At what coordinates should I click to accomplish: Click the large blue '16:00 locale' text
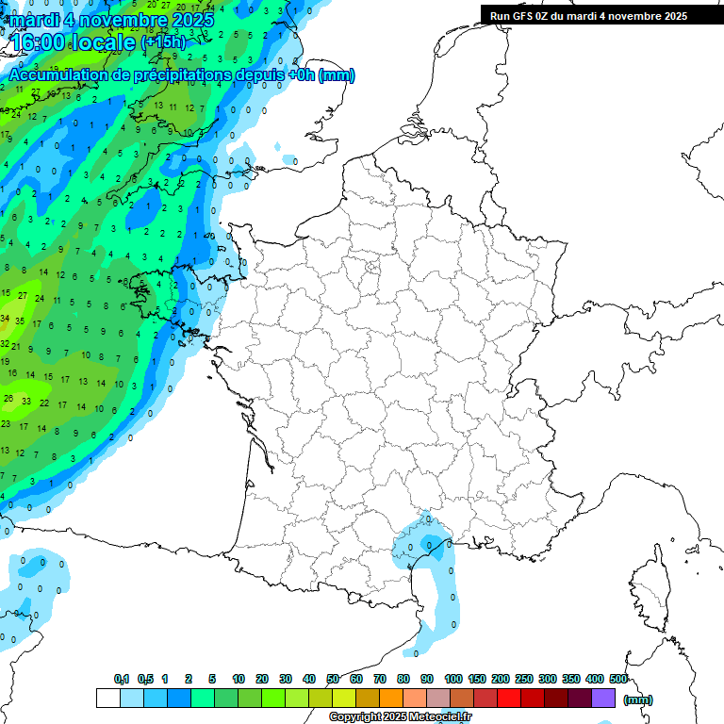coord(74,41)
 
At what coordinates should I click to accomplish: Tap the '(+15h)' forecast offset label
coord(163,42)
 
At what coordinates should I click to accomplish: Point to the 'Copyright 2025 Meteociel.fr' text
coord(400,716)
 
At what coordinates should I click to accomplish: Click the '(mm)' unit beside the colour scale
coord(638,699)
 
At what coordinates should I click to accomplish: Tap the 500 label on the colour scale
coord(618,679)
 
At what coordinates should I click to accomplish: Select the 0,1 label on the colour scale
coord(122,679)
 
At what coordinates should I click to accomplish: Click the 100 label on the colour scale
coord(452,679)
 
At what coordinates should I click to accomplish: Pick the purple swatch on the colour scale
coord(603,698)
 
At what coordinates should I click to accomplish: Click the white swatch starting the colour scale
coord(108,698)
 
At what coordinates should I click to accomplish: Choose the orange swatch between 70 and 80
coord(391,698)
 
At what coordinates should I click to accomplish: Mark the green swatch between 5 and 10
coord(226,698)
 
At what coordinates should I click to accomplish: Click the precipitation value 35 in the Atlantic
coord(20,321)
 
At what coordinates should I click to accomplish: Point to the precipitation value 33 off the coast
coord(26,401)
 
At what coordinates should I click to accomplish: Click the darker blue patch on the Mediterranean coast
coord(430,544)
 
